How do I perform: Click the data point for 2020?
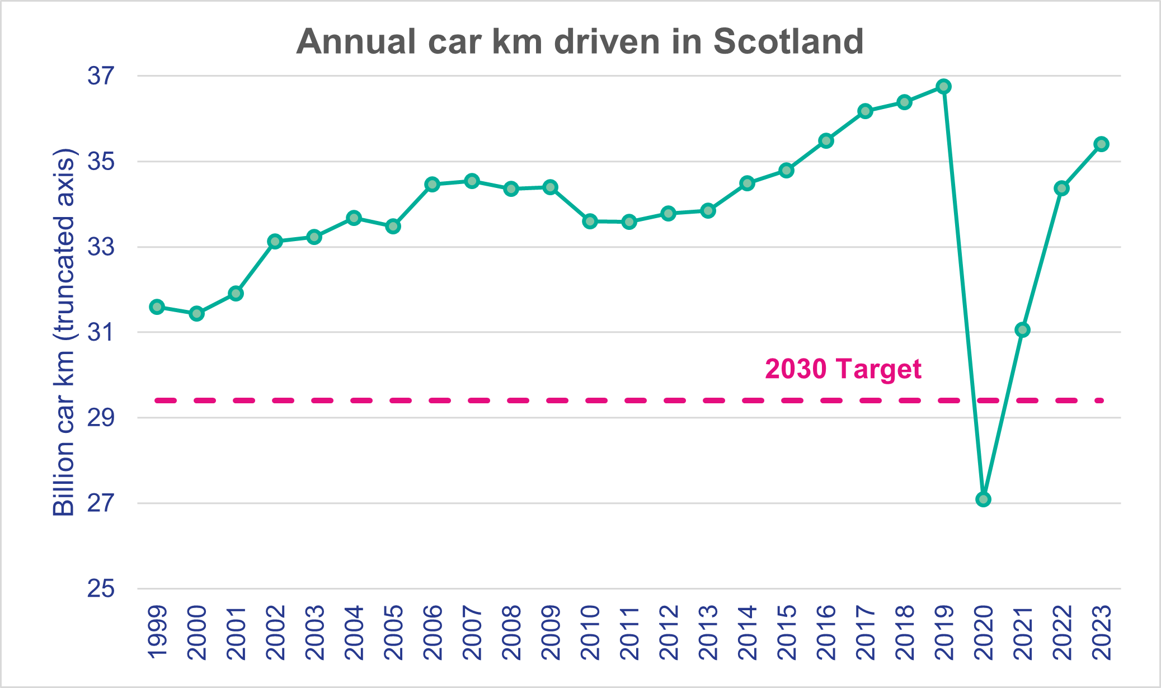click(x=983, y=499)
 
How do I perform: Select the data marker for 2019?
click(x=944, y=87)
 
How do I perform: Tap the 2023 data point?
click(x=1102, y=144)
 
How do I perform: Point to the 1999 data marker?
click(x=157, y=307)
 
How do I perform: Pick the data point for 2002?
click(x=275, y=242)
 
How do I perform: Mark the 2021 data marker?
click(x=1022, y=330)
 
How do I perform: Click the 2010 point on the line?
click(x=590, y=221)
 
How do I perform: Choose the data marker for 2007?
click(x=472, y=181)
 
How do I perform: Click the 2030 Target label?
click(x=843, y=369)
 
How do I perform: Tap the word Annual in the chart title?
click(x=356, y=41)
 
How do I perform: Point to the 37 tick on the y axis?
click(x=101, y=76)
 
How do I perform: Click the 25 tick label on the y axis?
click(x=101, y=588)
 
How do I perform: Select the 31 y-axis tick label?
click(x=101, y=333)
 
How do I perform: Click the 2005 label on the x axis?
click(x=393, y=633)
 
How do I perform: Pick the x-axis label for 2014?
click(x=748, y=633)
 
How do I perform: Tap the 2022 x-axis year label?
click(x=1062, y=633)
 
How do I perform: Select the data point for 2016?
click(x=826, y=140)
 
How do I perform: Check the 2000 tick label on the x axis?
click(x=197, y=633)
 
